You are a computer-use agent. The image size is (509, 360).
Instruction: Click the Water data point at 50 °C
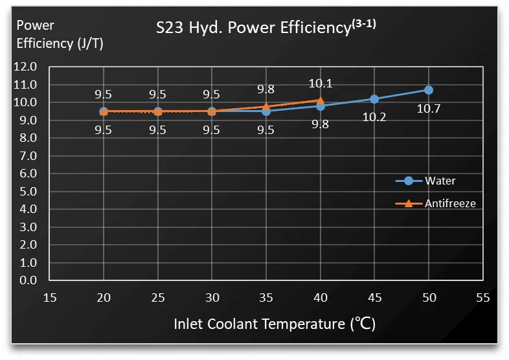coord(428,90)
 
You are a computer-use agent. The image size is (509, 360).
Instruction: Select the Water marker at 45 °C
coord(374,99)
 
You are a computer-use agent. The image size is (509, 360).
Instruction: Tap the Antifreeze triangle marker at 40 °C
coord(320,100)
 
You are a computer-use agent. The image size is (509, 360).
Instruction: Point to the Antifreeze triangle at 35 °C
coord(266,106)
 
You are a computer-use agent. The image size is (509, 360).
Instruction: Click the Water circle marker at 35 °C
coord(266,111)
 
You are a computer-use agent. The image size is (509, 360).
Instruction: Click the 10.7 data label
coord(428,109)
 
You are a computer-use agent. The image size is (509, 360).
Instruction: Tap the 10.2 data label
coord(374,118)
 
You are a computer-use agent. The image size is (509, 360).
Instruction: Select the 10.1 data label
coord(320,83)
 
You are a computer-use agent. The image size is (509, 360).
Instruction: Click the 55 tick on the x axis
coord(482,298)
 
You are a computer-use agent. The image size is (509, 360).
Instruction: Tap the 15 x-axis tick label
coord(50,298)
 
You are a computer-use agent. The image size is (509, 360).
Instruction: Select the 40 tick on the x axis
coord(320,298)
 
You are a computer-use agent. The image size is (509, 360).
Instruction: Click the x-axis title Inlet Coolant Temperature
coord(275,324)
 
